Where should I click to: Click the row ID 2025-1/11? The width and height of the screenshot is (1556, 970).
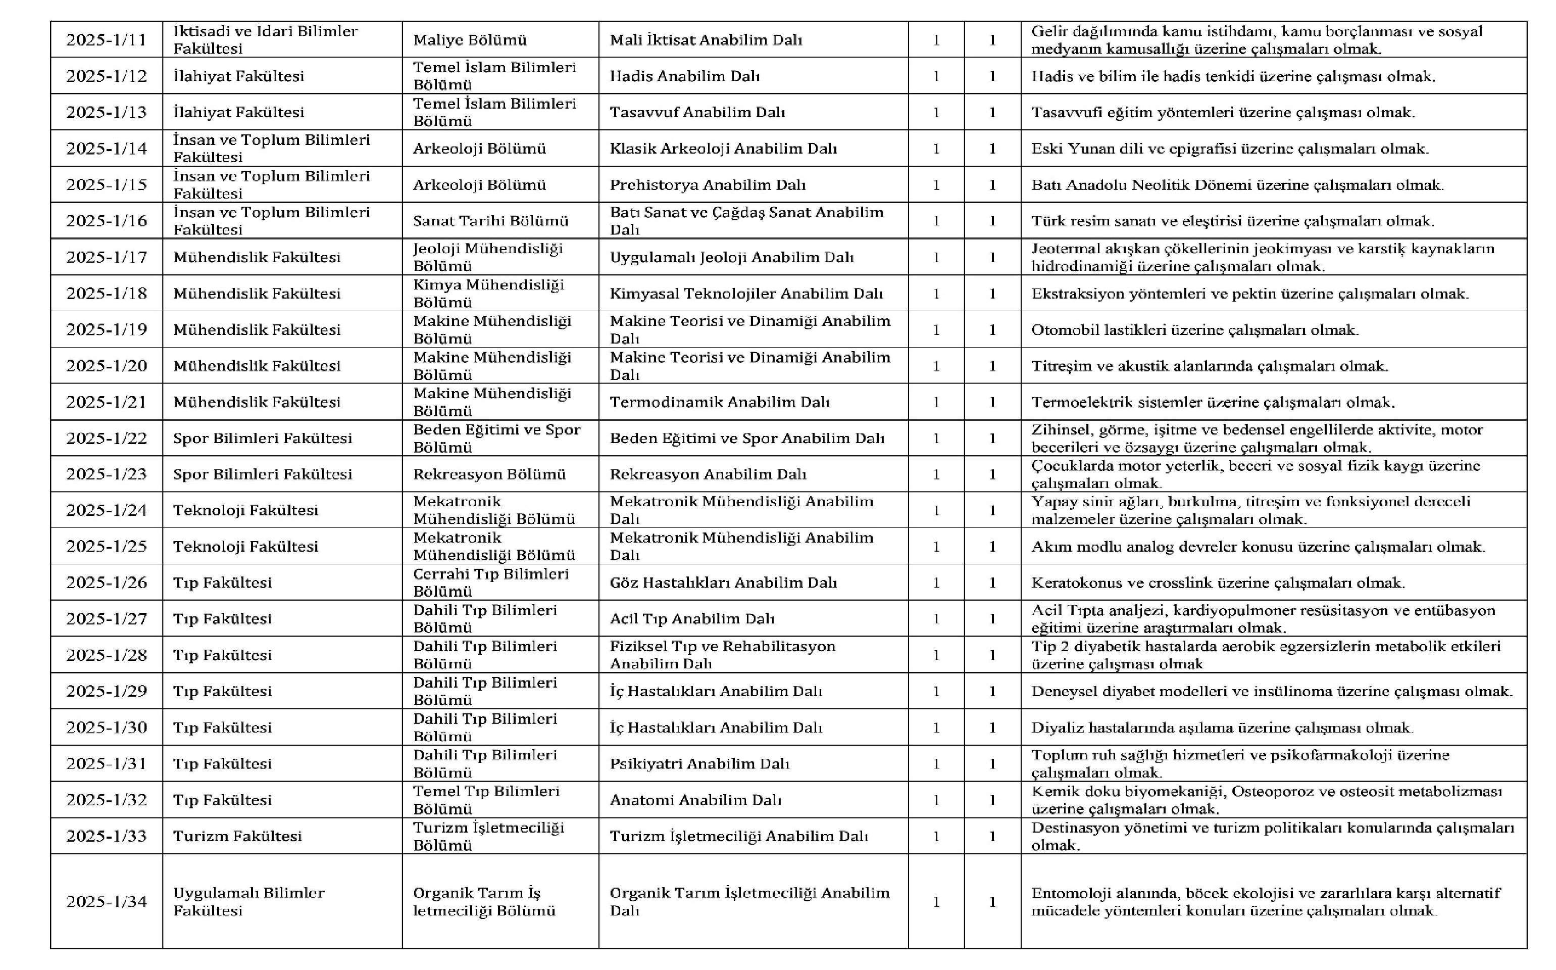(x=107, y=40)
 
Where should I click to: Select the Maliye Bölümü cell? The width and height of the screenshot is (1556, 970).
(x=470, y=40)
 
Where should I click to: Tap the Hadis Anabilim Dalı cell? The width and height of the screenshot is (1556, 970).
(x=685, y=76)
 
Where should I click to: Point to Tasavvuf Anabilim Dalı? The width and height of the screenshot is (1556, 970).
(x=697, y=112)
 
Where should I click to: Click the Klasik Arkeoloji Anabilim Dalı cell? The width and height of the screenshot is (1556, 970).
(x=723, y=148)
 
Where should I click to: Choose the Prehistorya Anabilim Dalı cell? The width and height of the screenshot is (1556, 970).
(x=708, y=185)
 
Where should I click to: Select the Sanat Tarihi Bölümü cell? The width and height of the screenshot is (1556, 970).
(x=490, y=221)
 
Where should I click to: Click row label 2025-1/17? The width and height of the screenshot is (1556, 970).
(x=107, y=257)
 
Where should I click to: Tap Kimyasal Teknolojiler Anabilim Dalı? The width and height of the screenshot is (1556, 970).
(x=746, y=293)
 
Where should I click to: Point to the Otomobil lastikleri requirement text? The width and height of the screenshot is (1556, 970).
(x=1194, y=330)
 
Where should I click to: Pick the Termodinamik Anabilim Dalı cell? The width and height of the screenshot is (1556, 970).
(x=719, y=402)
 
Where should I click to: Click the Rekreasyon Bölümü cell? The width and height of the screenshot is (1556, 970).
(x=489, y=474)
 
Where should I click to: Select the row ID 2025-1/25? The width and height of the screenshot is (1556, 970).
(x=107, y=546)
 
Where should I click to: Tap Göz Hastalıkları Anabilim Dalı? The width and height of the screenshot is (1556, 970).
(x=723, y=583)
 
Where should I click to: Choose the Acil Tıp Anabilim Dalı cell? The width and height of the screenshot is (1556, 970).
(x=692, y=618)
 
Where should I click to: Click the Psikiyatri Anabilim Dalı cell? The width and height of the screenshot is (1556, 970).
(x=699, y=763)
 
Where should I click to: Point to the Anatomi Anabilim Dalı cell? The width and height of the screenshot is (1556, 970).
(x=695, y=799)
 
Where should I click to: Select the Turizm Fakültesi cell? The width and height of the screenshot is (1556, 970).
(x=237, y=836)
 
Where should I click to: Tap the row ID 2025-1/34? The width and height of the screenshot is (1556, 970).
(x=107, y=901)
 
